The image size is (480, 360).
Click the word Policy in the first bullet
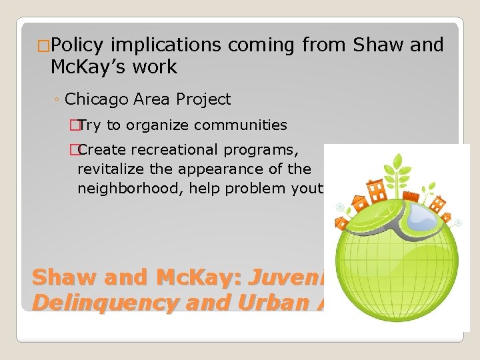[x=77, y=45]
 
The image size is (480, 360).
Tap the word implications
[x=166, y=45]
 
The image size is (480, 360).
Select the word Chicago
[x=97, y=100]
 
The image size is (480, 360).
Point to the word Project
[x=203, y=100]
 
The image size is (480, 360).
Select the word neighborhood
[x=131, y=189]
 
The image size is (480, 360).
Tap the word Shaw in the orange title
[x=60, y=277]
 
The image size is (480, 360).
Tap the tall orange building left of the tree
[x=377, y=190]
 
